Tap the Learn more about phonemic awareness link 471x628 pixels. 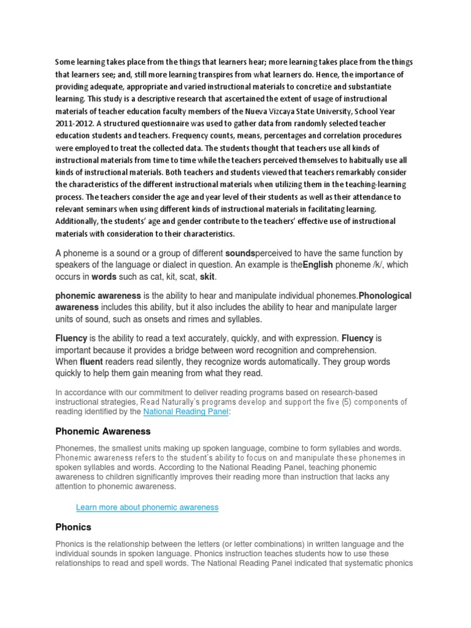coord(147,507)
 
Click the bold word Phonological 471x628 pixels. coord(385,296)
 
